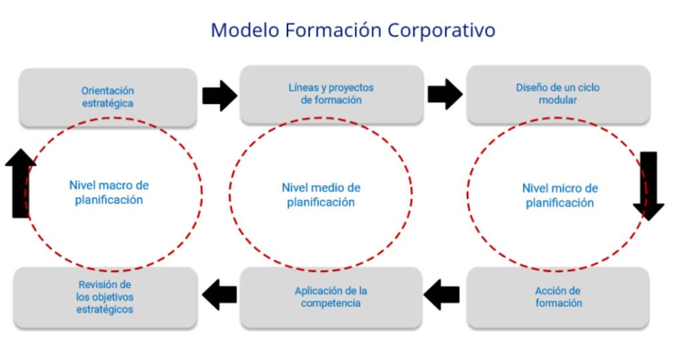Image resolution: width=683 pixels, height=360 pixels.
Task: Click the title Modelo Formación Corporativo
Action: click(x=353, y=31)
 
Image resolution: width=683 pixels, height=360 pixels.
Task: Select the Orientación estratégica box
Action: click(x=108, y=97)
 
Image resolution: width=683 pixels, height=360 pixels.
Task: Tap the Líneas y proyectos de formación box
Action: click(x=331, y=94)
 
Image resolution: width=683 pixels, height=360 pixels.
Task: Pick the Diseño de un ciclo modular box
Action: click(x=558, y=94)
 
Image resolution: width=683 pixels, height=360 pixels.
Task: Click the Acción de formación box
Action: click(x=558, y=297)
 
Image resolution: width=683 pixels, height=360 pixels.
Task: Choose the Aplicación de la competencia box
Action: click(x=331, y=297)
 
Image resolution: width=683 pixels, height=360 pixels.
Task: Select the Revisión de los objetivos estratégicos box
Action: click(x=105, y=297)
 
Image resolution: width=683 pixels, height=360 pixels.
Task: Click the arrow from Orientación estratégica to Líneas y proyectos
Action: click(x=219, y=96)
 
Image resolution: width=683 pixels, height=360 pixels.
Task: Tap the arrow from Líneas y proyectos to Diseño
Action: click(x=445, y=94)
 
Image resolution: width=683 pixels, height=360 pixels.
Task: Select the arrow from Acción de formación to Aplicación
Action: click(x=442, y=295)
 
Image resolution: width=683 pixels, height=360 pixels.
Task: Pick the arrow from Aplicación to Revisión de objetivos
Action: click(x=220, y=295)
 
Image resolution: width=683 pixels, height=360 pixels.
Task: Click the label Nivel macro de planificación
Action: click(x=109, y=192)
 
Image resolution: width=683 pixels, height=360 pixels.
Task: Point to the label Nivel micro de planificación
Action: click(x=560, y=195)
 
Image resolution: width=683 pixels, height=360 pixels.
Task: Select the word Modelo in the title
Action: click(x=246, y=31)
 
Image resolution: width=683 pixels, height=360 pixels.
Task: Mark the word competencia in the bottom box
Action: click(x=331, y=303)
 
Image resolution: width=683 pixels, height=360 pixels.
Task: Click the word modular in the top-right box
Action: click(x=558, y=100)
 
